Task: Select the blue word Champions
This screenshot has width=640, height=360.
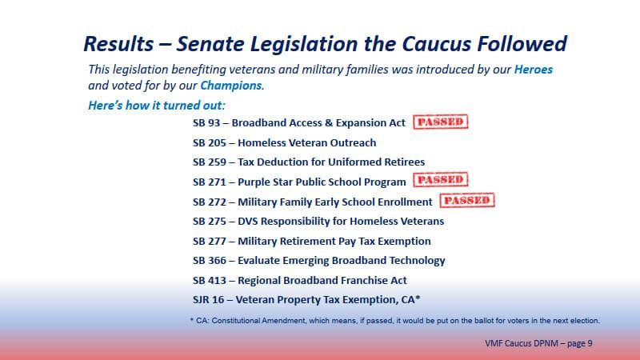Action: coord(230,85)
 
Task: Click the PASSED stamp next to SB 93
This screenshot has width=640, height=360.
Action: coord(440,122)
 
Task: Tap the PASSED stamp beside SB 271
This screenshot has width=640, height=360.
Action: coord(440,181)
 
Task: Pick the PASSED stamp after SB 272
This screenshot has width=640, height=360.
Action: coord(467,201)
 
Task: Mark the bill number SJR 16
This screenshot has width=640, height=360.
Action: coord(210,300)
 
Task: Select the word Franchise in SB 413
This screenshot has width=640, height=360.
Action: coord(355,280)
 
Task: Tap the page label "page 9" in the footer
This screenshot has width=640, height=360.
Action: coord(578,343)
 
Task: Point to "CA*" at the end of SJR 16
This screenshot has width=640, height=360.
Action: coord(410,299)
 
